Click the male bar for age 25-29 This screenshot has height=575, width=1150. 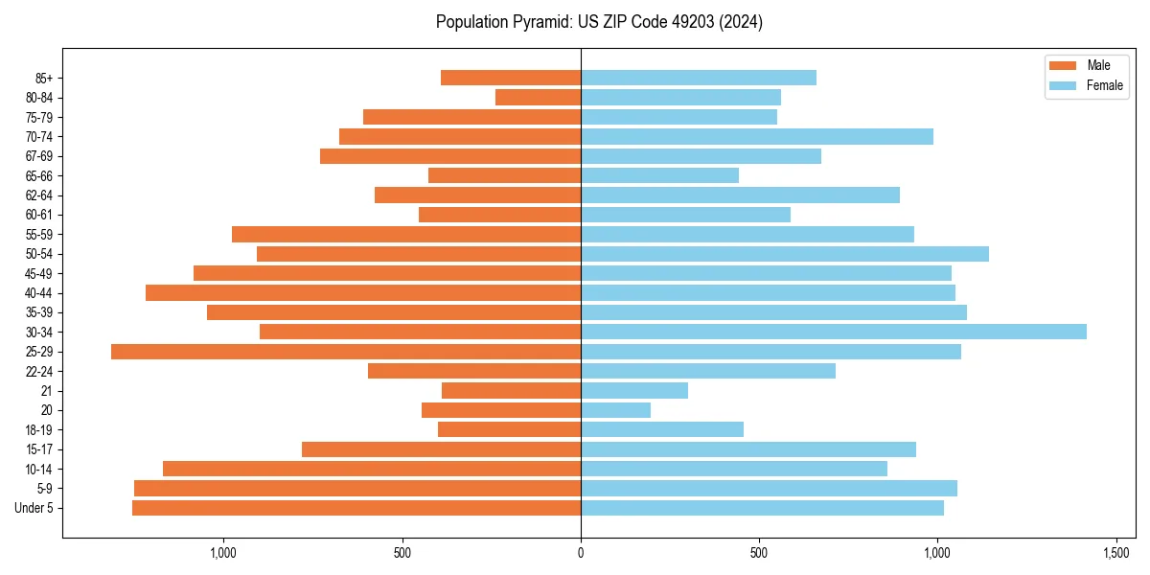[x=346, y=352]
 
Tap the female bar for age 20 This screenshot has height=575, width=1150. [x=615, y=410]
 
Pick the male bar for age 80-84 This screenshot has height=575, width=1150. [x=538, y=98]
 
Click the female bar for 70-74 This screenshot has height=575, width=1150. [x=757, y=137]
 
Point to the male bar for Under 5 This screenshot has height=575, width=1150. [x=356, y=508]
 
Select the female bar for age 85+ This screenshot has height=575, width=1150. [x=699, y=78]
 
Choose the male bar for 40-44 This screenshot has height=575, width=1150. [x=363, y=293]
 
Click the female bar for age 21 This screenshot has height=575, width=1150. [x=634, y=391]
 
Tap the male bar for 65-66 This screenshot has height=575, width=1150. [x=504, y=175]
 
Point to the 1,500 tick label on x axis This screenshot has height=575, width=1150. [x=1115, y=554]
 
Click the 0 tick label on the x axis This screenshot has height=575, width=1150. [x=581, y=554]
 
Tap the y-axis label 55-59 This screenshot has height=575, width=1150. [x=39, y=235]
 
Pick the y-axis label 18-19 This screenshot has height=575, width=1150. [x=39, y=430]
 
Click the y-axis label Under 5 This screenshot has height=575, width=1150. [x=34, y=508]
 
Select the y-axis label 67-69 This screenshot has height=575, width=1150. [x=39, y=156]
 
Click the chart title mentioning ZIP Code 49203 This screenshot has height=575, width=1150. [x=599, y=22]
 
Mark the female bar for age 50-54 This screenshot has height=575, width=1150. [x=785, y=254]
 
